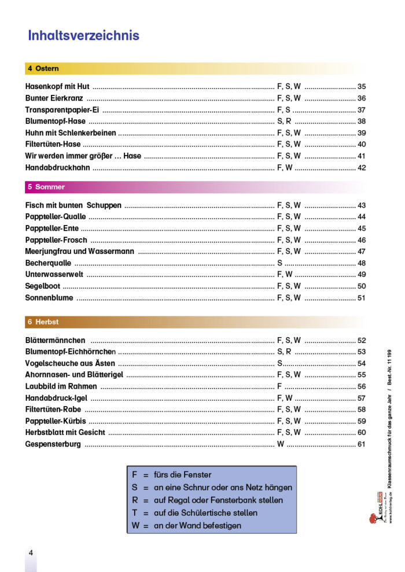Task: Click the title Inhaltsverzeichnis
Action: (x=83, y=36)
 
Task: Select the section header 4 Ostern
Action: (x=43, y=68)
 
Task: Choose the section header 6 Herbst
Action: (x=43, y=322)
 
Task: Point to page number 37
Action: (x=362, y=110)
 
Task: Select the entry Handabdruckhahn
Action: (x=57, y=168)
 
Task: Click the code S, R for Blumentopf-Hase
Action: (x=284, y=121)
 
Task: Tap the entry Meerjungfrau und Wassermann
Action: (x=80, y=252)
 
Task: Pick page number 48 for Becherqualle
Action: (x=362, y=263)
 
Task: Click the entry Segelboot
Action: (x=43, y=286)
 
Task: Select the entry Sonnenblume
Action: (x=49, y=298)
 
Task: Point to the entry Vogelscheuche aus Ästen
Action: (x=70, y=364)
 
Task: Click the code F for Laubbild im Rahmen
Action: (x=279, y=386)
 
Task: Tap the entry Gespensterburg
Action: (x=53, y=444)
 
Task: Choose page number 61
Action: (x=362, y=444)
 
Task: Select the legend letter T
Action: (x=134, y=513)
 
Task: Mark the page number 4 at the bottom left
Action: (x=31, y=552)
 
